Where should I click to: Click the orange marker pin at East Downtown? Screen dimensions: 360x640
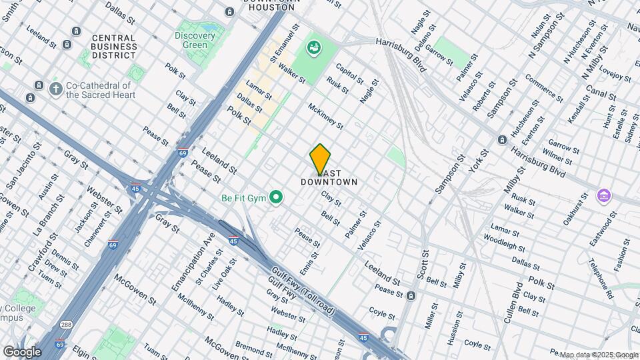(x=320, y=159)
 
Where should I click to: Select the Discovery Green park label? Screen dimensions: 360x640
(x=195, y=40)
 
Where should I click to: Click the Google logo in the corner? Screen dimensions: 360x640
(x=21, y=351)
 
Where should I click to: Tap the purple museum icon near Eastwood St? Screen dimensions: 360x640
(x=603, y=197)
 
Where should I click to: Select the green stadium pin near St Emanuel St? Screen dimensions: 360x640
(x=313, y=47)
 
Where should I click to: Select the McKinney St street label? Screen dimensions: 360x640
(x=326, y=116)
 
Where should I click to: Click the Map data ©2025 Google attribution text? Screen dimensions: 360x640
(x=598, y=355)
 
